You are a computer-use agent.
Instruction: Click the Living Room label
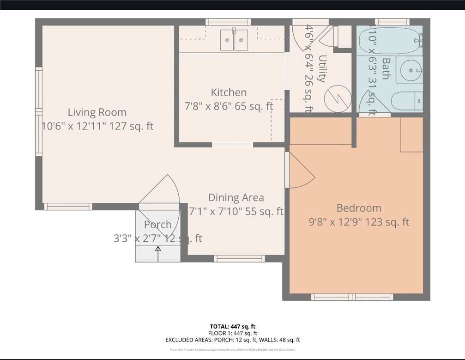(97, 112)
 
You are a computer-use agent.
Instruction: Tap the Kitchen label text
(229, 92)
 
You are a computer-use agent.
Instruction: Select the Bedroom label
(359, 208)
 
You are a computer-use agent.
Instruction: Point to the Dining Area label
(236, 198)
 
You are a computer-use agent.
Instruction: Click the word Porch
(158, 225)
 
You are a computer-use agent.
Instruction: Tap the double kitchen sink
(234, 40)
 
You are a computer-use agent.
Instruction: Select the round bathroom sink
(410, 70)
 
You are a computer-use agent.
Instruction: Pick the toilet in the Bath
(406, 100)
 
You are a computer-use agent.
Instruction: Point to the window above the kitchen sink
(228, 22)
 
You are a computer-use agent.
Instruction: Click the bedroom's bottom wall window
(352, 297)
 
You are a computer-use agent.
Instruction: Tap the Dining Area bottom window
(239, 258)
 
